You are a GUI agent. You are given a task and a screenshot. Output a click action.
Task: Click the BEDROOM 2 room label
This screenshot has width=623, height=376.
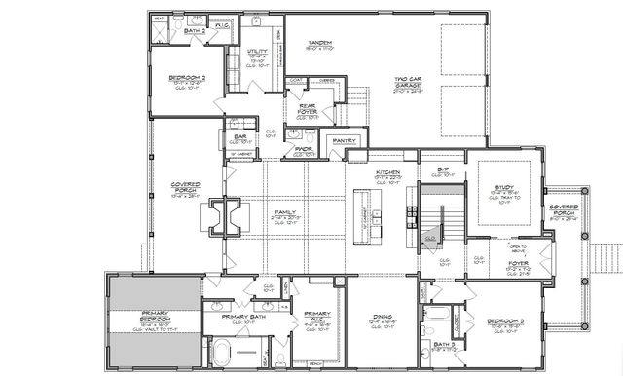(x=175, y=77)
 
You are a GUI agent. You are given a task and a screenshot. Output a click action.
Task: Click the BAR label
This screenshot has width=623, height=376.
(x=239, y=136)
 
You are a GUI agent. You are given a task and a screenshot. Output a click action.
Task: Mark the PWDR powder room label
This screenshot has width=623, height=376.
(x=304, y=149)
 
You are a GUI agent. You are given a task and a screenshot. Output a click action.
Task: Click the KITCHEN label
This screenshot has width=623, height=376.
(x=390, y=171)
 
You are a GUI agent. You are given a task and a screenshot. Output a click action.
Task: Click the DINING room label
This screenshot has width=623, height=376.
(x=381, y=316)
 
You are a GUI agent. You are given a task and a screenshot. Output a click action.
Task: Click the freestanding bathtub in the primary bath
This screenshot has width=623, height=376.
(x=223, y=350)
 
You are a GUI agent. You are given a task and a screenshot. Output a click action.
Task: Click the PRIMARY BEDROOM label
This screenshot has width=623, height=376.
(x=154, y=320)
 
